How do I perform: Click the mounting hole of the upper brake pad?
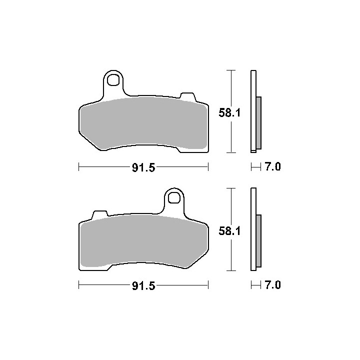[113, 79]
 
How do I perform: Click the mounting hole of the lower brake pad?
[174, 197]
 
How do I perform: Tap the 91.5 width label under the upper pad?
[143, 168]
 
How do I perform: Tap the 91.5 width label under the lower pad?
[143, 286]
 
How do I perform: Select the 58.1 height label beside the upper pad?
[229, 113]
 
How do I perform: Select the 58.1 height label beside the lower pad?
[229, 231]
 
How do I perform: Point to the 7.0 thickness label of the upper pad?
[273, 166]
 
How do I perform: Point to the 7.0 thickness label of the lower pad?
[273, 285]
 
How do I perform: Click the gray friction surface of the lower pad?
[143, 241]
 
